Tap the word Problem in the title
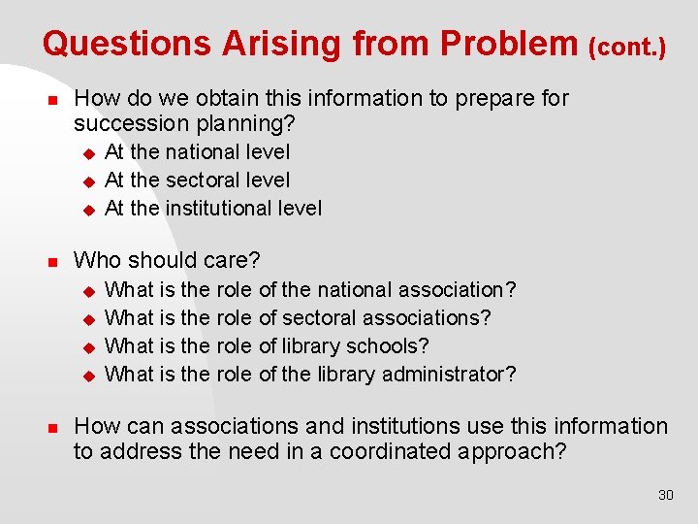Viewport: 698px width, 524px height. (x=507, y=43)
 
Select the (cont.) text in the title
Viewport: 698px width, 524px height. (x=627, y=47)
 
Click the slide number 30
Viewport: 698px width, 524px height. (x=665, y=495)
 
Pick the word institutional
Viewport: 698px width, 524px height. (x=215, y=209)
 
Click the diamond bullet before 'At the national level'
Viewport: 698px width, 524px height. (x=86, y=152)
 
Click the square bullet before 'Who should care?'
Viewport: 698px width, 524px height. (x=54, y=261)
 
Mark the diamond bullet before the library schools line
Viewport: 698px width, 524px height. (x=86, y=346)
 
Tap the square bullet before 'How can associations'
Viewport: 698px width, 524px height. (x=54, y=427)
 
